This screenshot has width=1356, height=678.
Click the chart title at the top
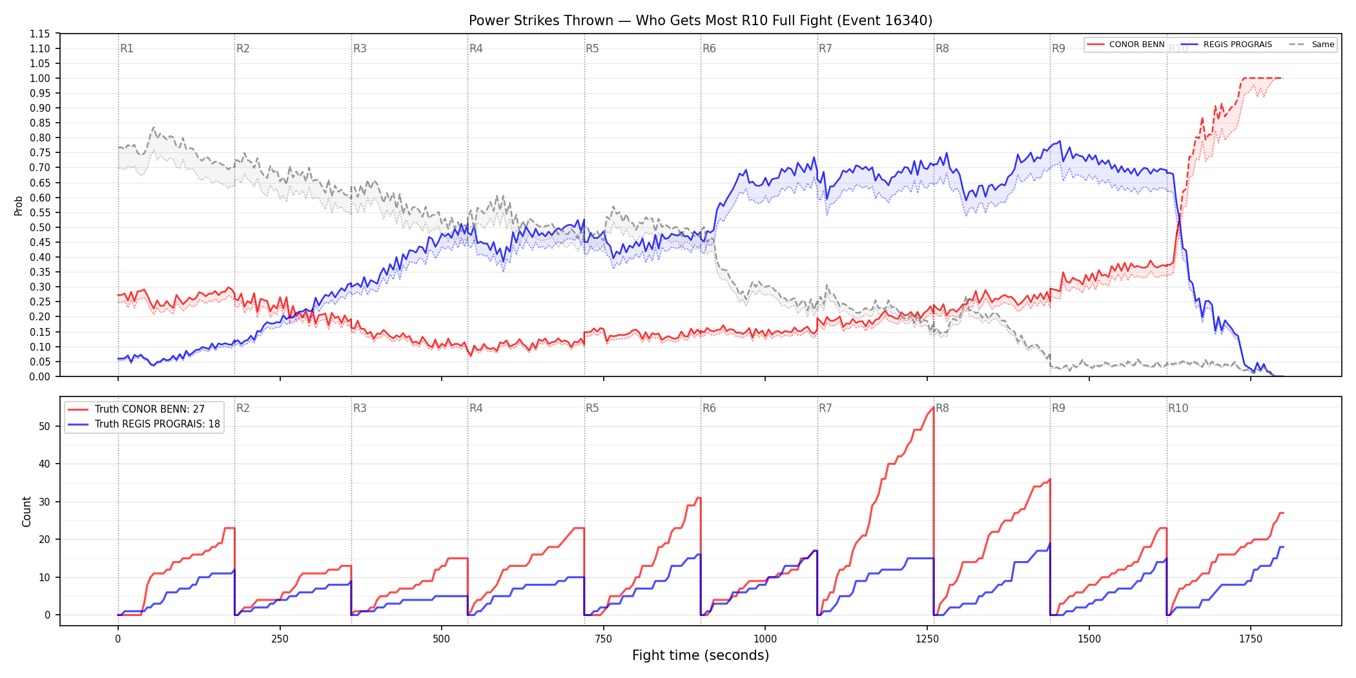pyautogui.click(x=701, y=21)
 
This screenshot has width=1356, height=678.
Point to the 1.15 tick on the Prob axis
pyautogui.click(x=40, y=34)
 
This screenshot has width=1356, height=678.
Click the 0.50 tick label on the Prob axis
pyautogui.click(x=40, y=227)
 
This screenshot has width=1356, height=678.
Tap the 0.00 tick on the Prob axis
pyautogui.click(x=40, y=376)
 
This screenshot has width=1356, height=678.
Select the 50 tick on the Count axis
pyautogui.click(x=45, y=426)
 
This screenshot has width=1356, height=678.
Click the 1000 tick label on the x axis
pyautogui.click(x=765, y=639)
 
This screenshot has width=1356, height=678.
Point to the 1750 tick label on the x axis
pyautogui.click(x=1251, y=639)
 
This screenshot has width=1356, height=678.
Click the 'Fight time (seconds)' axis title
pyautogui.click(x=701, y=655)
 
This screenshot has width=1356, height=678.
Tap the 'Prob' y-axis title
pyautogui.click(x=19, y=205)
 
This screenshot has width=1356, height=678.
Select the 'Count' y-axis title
pyautogui.click(x=26, y=511)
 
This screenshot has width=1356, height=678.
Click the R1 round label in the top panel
pyautogui.click(x=127, y=48)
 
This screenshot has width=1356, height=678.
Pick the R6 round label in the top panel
pyautogui.click(x=709, y=48)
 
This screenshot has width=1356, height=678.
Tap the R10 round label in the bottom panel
pyautogui.click(x=1178, y=408)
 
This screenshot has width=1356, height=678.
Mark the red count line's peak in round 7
pyautogui.click(x=933, y=407)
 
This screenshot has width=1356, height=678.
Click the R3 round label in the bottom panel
pyautogui.click(x=360, y=408)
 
